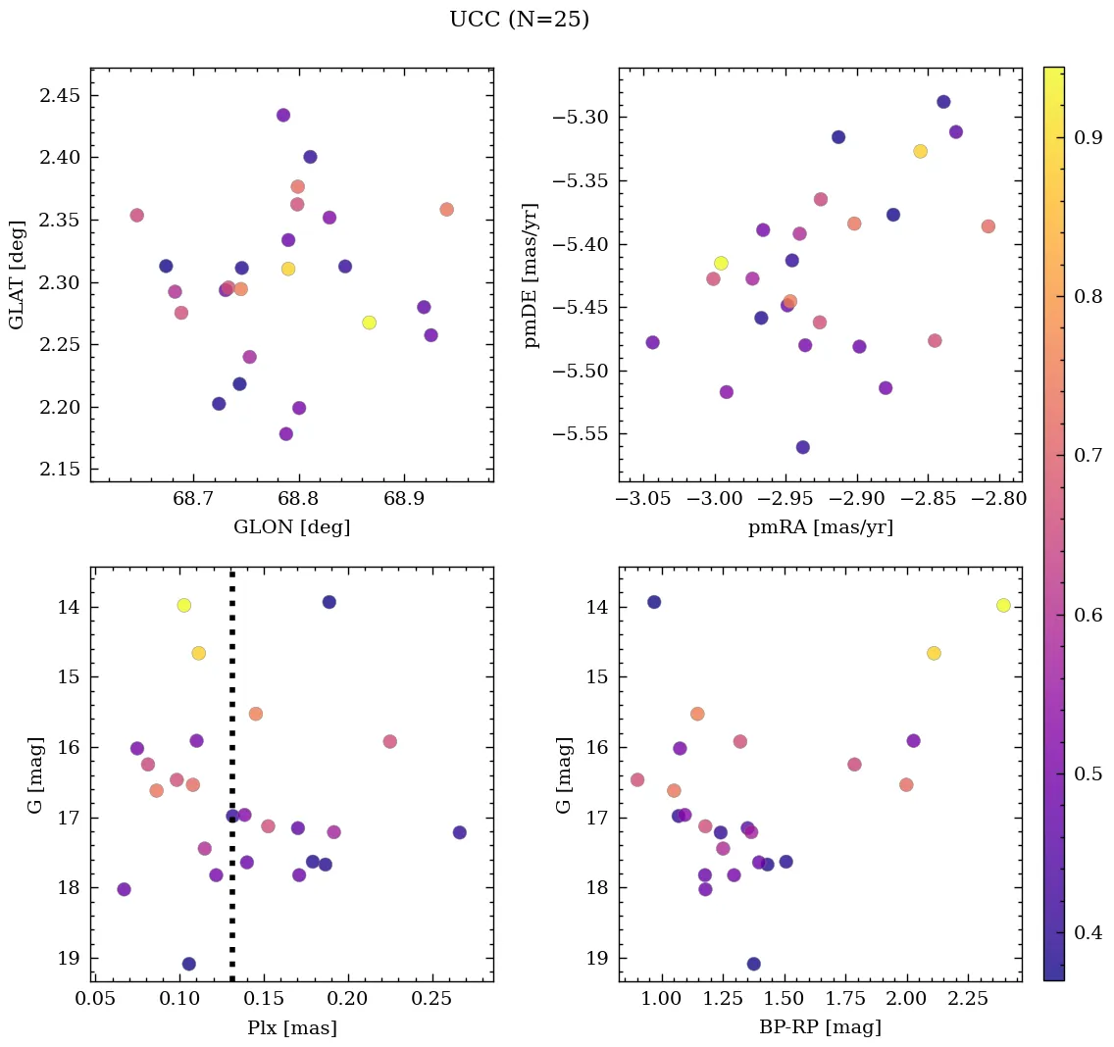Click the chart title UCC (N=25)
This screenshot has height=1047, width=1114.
coord(519,20)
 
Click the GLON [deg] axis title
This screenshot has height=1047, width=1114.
coord(291,526)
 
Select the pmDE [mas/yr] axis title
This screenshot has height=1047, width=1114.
coord(532,275)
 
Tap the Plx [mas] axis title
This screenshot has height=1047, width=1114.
coord(291,1027)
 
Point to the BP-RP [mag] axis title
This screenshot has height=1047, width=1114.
coord(820,1027)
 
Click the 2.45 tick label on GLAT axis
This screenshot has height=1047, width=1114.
coord(59,95)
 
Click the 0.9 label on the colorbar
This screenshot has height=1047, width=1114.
coord(1089,138)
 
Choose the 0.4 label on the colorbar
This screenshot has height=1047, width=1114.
coord(1089,931)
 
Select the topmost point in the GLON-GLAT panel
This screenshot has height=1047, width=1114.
coord(283,115)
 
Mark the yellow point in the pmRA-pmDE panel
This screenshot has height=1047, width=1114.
coord(721,263)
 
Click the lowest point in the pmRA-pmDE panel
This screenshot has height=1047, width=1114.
coord(802,447)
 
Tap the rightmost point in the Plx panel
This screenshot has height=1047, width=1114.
coord(459,832)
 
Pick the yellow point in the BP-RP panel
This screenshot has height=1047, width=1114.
coord(1002,605)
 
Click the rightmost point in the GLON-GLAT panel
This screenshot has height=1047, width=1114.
coord(446,209)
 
